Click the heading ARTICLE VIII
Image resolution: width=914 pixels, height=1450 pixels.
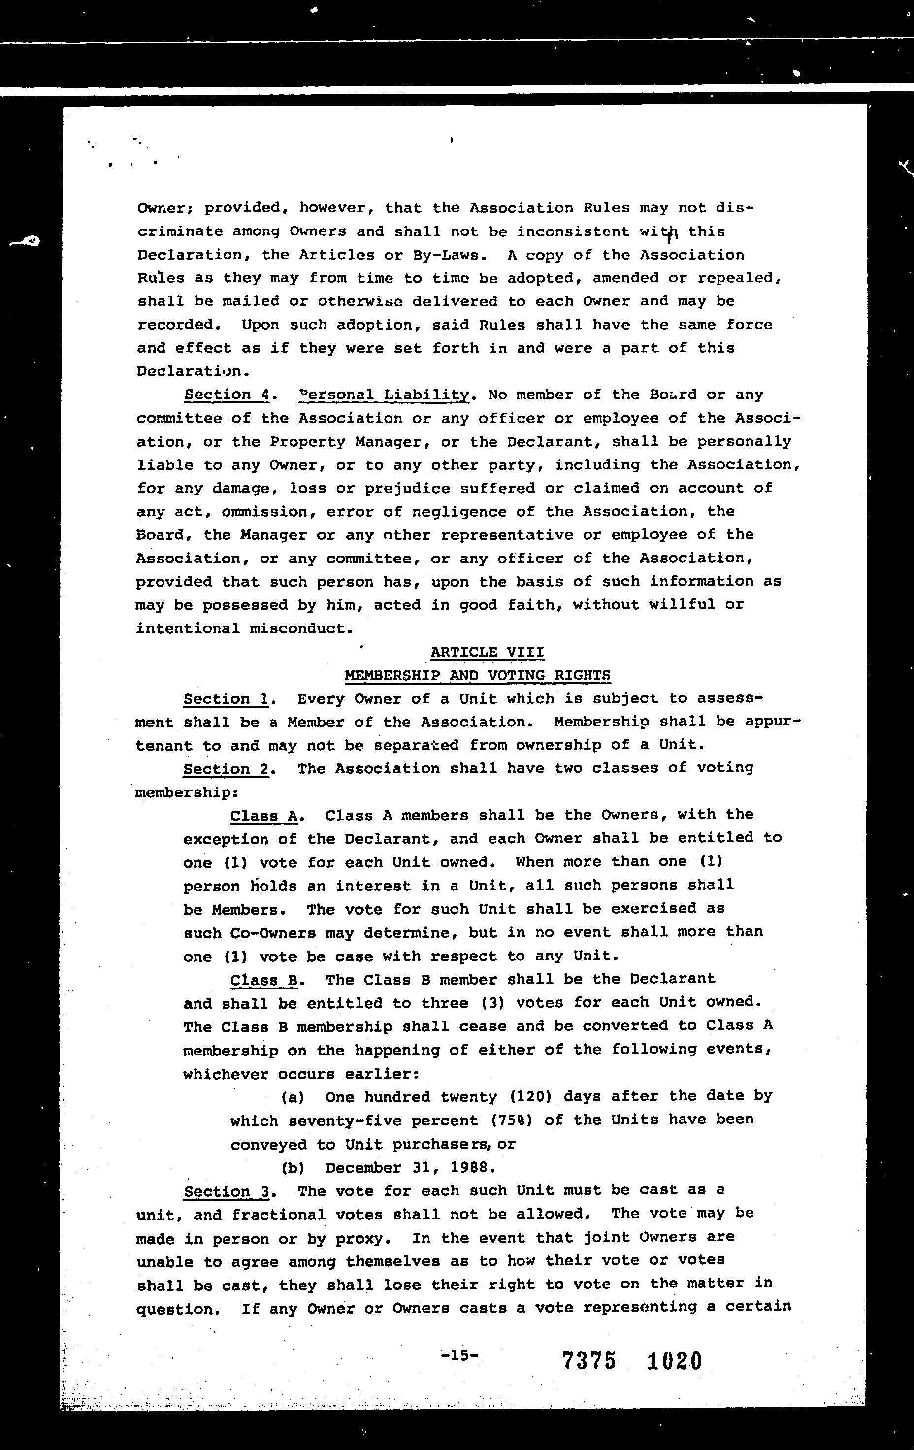coord(487,652)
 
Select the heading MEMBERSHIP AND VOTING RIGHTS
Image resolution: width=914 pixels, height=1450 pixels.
coord(478,676)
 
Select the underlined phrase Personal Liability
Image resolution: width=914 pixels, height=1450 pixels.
coord(384,395)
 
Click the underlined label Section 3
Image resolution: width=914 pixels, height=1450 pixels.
coord(227,1192)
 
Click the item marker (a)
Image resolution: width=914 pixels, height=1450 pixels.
coord(293,1098)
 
